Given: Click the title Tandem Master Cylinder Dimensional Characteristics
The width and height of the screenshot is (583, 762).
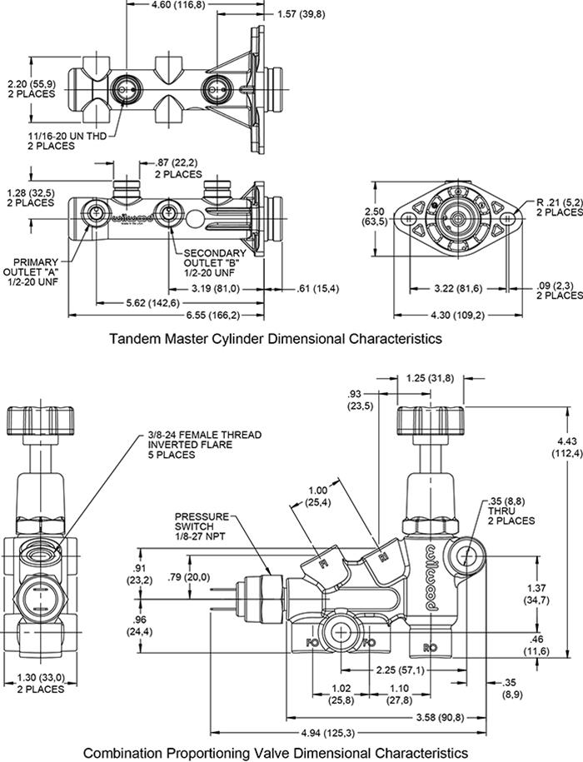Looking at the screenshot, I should coord(275,339).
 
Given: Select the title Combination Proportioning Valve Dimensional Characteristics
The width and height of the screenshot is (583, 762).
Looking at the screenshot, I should coord(275,752).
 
